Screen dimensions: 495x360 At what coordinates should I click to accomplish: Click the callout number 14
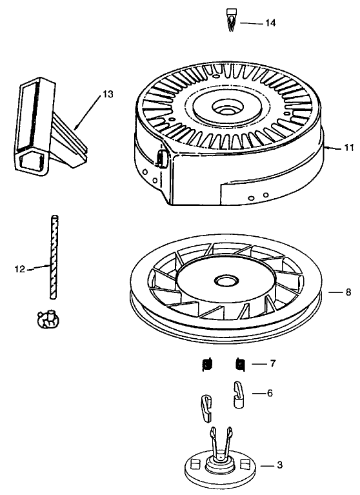pos(270,23)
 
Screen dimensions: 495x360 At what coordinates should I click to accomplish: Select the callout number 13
pos(107,94)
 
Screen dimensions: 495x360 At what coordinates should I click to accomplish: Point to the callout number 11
pos(348,148)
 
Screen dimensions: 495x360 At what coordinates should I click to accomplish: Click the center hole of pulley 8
pos(226,282)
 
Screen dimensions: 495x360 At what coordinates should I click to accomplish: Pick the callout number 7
pos(272,363)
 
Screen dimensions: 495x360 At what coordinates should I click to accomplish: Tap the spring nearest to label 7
pos(240,364)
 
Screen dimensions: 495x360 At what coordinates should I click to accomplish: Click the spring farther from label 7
pos(207,364)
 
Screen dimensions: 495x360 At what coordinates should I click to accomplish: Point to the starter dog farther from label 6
pos(205,404)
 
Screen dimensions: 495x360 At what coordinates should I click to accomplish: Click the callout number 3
pos(279,465)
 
